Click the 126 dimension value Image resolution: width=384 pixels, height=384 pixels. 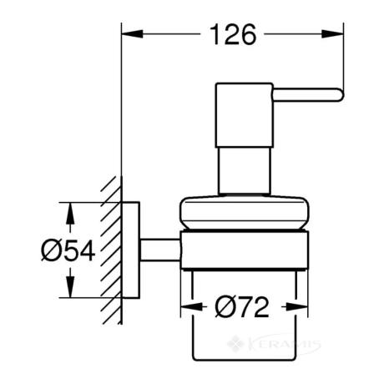(x=233, y=34)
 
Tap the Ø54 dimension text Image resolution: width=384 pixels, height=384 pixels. (x=68, y=250)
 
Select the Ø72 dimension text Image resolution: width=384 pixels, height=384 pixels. (x=242, y=307)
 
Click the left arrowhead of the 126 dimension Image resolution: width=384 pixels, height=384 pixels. (x=133, y=34)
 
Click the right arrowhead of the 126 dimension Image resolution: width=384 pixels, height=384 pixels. (x=333, y=34)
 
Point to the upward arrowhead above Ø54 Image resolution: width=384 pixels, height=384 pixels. (x=70, y=214)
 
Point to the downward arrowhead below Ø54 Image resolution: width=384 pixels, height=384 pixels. (x=70, y=286)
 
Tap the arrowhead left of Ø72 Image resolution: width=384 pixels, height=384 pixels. (x=191, y=307)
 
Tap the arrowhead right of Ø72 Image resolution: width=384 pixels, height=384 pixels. (x=297, y=307)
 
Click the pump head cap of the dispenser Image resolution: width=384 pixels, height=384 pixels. (x=245, y=114)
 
